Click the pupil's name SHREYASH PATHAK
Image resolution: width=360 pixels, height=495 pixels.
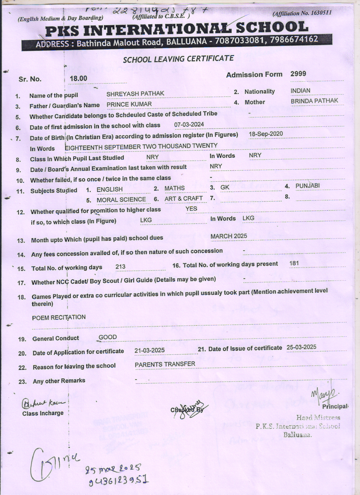(x=135, y=94)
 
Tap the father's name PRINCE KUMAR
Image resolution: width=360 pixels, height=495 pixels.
(x=129, y=104)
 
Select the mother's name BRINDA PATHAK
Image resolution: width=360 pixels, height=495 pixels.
(x=314, y=101)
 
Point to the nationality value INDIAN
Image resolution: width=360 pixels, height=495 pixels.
(x=300, y=91)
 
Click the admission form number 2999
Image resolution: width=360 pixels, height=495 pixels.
(x=298, y=74)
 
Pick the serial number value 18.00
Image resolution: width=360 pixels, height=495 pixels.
(x=78, y=78)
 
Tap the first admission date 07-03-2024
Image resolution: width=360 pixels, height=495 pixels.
(x=189, y=124)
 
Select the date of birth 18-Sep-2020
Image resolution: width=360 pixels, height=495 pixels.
(x=266, y=134)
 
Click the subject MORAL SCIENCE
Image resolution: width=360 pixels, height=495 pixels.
(x=121, y=200)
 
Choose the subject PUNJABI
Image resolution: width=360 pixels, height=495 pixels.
(x=307, y=186)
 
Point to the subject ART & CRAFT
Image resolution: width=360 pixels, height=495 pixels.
(x=184, y=199)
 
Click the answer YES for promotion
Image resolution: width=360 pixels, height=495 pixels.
(x=191, y=209)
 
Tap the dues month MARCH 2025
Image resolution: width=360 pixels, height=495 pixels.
(x=229, y=236)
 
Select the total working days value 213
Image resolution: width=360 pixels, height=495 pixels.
(x=120, y=267)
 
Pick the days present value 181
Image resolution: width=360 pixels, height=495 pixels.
(x=294, y=264)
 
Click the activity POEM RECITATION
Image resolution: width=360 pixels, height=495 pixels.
(x=59, y=317)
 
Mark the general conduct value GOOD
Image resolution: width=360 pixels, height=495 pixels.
(x=108, y=337)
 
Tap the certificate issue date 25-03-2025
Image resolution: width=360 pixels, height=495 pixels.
(x=301, y=347)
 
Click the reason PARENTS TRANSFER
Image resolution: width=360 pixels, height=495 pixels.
(x=165, y=364)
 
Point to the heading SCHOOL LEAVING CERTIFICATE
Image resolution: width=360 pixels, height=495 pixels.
(x=178, y=59)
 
